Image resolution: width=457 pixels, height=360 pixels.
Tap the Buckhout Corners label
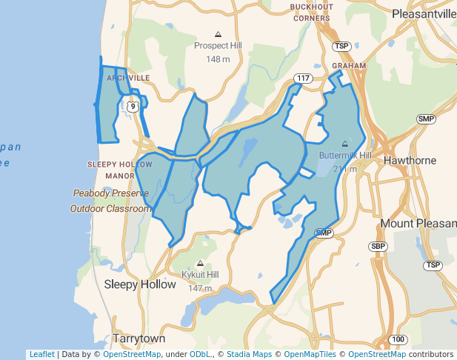[x=311, y=13]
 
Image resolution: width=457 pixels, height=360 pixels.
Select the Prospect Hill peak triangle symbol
[x=218, y=34]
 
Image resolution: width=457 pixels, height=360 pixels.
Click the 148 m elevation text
[x=218, y=59]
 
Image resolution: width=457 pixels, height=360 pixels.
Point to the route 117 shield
[x=302, y=78]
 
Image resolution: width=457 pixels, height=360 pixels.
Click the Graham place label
[x=349, y=65]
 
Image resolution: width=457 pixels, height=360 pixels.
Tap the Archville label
[x=128, y=77]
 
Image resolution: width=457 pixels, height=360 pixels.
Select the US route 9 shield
[x=133, y=107]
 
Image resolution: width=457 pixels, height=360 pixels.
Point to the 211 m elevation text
[x=344, y=169]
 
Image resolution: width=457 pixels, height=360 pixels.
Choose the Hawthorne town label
[x=410, y=160]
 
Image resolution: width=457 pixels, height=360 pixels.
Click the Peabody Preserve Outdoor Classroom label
[x=111, y=201]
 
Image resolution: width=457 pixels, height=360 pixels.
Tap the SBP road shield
[x=378, y=246]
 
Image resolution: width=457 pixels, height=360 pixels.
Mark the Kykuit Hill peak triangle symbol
[x=200, y=263]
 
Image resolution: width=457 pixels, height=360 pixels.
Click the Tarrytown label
[x=139, y=339]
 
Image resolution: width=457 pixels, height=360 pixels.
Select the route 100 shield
[x=398, y=339]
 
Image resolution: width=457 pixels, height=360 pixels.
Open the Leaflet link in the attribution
[x=41, y=354]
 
